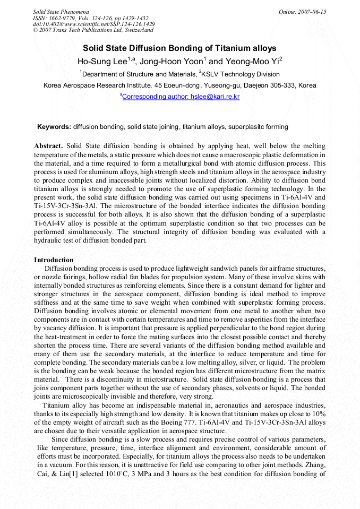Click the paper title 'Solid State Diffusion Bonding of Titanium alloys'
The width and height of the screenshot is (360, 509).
(179, 48)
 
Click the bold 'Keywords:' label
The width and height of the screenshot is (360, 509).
(54, 127)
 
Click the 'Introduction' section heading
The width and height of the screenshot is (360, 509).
(54, 260)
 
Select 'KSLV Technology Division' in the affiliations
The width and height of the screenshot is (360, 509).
(241, 74)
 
